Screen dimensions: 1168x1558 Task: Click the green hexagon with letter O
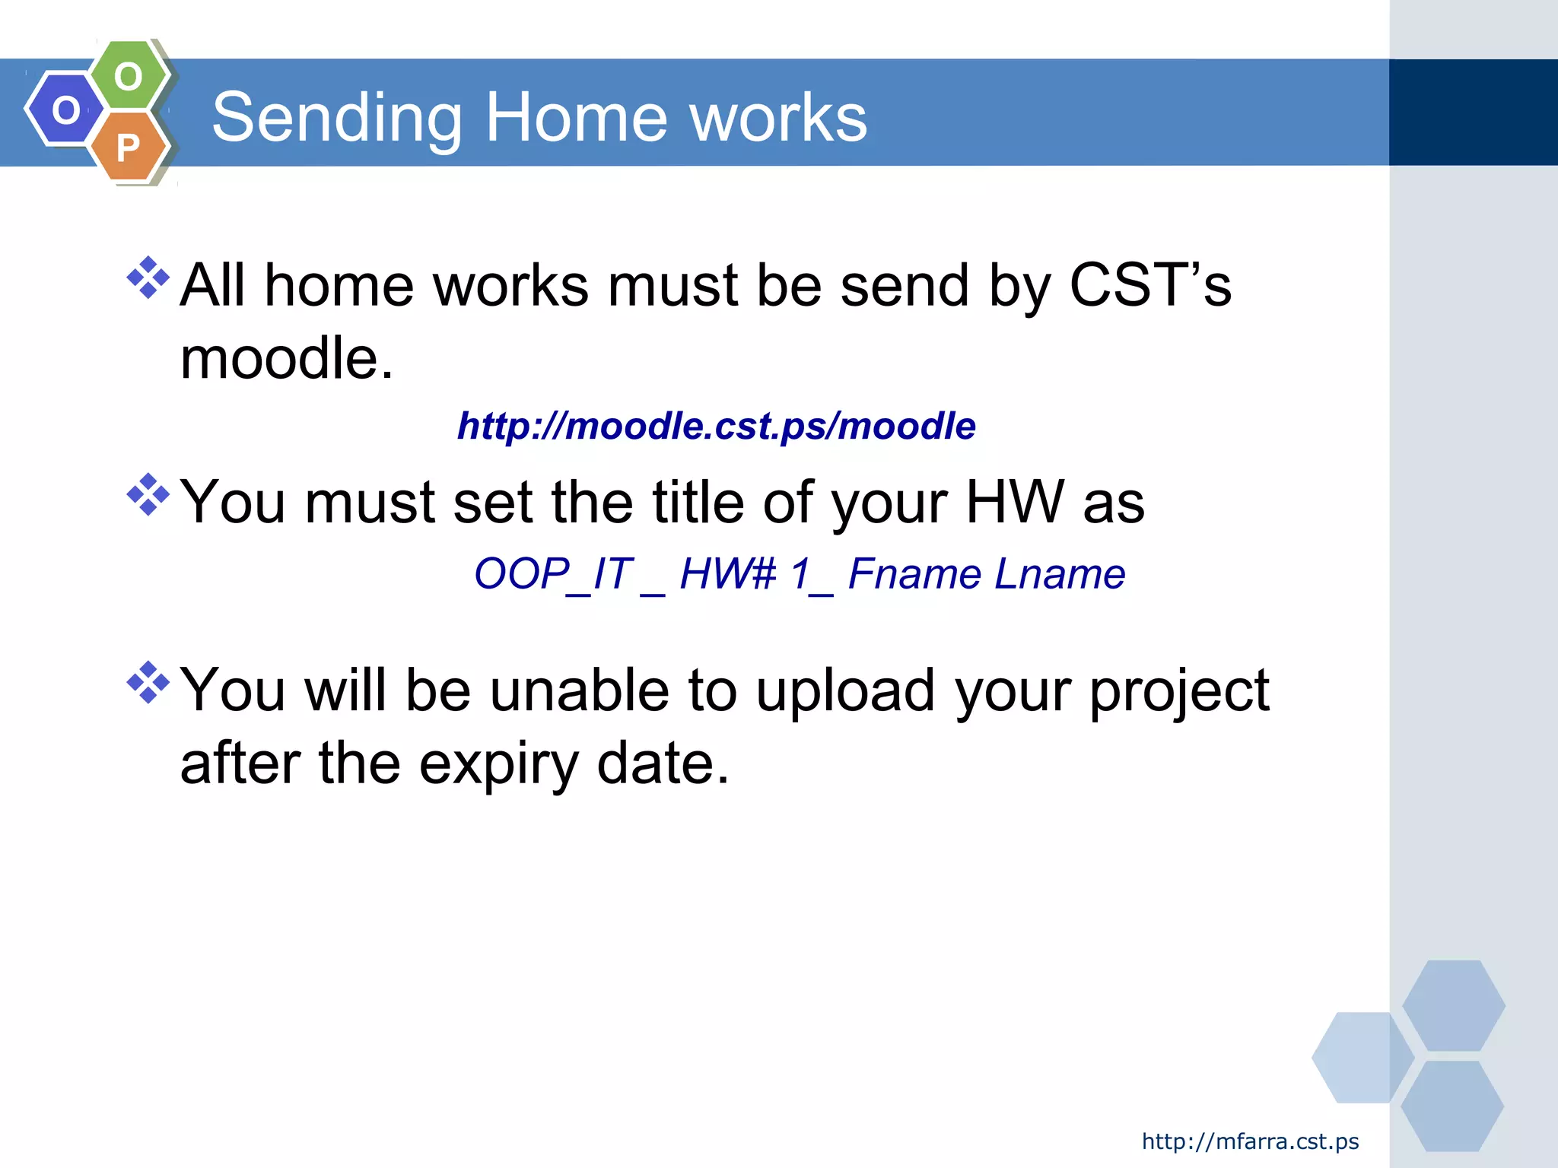(128, 76)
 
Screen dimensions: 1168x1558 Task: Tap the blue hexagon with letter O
(65, 109)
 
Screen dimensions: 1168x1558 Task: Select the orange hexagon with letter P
(128, 148)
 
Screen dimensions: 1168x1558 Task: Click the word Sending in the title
(337, 118)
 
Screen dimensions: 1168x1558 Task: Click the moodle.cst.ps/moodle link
(716, 426)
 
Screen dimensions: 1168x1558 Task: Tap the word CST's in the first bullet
(1149, 285)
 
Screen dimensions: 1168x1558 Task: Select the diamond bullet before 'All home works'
(148, 278)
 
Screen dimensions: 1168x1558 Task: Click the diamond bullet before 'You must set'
(148, 495)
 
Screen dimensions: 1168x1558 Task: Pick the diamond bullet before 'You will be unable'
(148, 682)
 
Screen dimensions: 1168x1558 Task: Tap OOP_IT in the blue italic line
(553, 574)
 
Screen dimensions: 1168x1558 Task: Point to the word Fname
(915, 574)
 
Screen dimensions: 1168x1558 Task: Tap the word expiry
(499, 764)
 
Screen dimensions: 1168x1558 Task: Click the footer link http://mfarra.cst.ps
(1250, 1141)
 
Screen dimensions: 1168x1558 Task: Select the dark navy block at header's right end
(1473, 113)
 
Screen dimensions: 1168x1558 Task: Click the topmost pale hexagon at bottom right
(1453, 1005)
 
